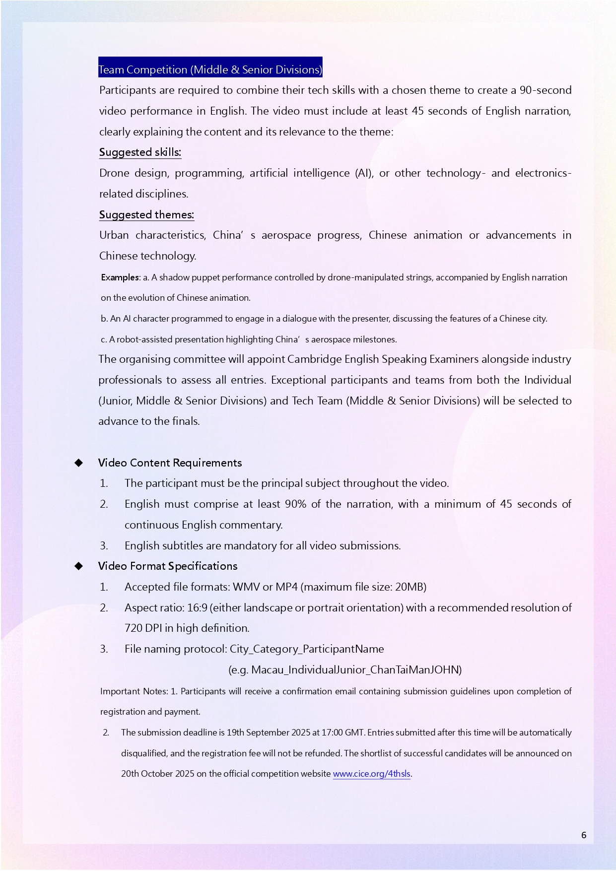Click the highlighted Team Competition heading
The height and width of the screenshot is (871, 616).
click(x=210, y=69)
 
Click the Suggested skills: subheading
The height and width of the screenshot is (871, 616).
click(x=140, y=152)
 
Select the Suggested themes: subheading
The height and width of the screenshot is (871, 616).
click(x=146, y=215)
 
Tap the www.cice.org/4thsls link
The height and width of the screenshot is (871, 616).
click(x=371, y=774)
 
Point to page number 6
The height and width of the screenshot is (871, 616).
click(x=584, y=835)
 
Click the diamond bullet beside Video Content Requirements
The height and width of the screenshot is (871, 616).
click(x=78, y=463)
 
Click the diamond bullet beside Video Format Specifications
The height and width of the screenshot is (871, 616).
click(x=78, y=566)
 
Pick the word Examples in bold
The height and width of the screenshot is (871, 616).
click(x=120, y=277)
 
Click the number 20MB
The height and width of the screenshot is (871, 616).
click(x=409, y=587)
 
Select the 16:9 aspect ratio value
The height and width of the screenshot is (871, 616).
click(x=197, y=608)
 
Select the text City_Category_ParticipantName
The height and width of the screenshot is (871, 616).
click(x=307, y=649)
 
